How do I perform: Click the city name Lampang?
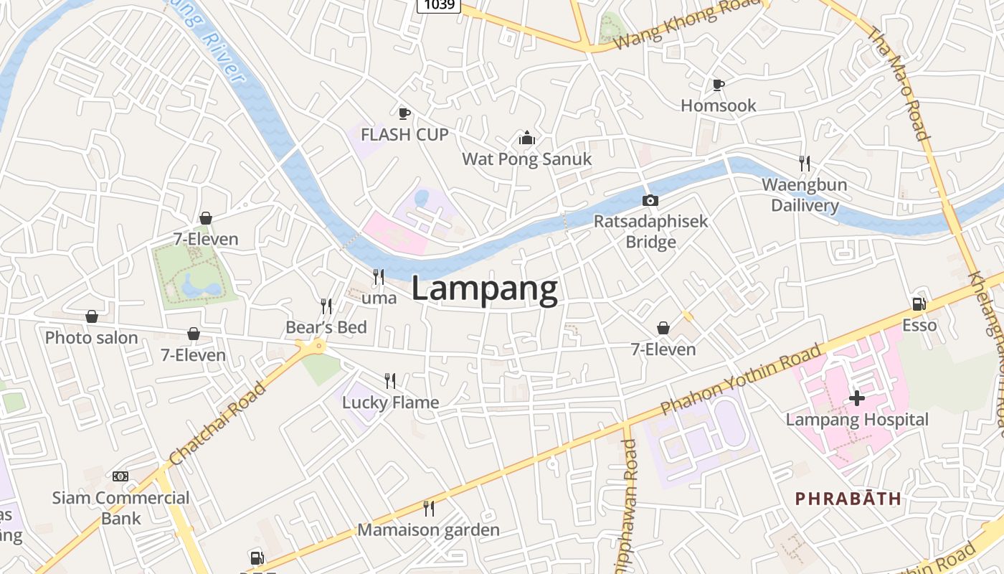(485, 289)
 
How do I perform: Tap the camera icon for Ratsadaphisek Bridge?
(650, 201)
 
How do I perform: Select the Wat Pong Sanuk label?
(527, 159)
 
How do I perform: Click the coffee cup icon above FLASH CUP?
(404, 113)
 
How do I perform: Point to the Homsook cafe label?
(718, 105)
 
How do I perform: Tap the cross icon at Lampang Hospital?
(856, 397)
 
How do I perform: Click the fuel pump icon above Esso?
(919, 304)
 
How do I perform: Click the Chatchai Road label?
(218, 423)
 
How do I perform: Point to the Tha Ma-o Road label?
(899, 83)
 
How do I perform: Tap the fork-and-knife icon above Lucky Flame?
(390, 380)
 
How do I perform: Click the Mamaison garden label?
(428, 530)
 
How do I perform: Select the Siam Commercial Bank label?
(120, 507)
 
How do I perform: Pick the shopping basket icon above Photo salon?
(92, 316)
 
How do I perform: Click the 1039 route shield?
(438, 5)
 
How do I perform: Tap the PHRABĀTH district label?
(848, 499)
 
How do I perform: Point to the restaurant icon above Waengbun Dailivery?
(805, 164)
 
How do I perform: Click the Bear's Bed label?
(326, 327)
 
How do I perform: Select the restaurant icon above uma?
(379, 276)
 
